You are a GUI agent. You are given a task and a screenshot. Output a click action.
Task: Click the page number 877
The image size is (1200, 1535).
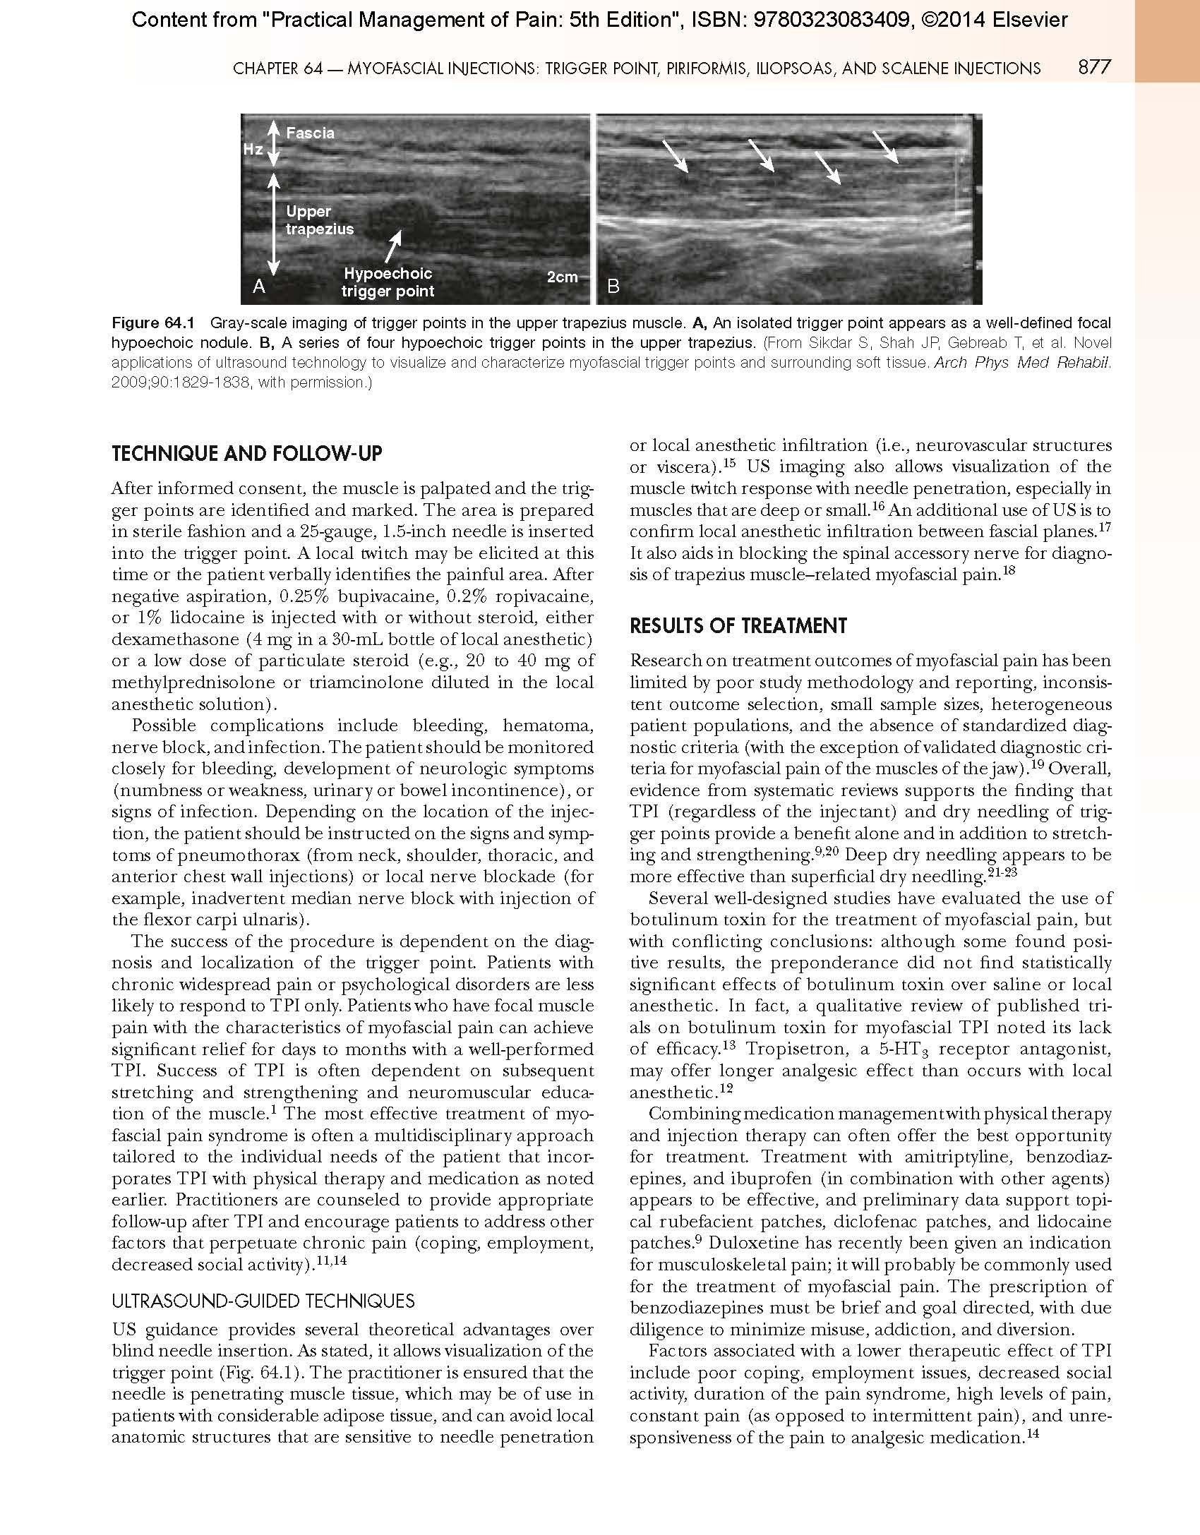1094,67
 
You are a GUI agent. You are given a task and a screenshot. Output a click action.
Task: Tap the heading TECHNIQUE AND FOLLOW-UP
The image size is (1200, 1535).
246,453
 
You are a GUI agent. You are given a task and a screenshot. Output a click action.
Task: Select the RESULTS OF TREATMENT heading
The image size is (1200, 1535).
738,625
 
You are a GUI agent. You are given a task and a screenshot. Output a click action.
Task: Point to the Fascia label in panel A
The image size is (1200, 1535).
310,133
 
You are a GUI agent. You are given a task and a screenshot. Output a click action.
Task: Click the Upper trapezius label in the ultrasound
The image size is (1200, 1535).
319,220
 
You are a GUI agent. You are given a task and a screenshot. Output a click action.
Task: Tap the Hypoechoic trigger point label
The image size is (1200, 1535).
388,282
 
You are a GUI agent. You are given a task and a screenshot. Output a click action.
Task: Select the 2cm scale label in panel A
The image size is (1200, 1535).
562,277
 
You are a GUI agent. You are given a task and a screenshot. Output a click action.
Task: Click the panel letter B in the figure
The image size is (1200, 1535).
613,286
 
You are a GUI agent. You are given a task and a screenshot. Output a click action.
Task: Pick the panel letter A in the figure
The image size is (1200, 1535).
259,286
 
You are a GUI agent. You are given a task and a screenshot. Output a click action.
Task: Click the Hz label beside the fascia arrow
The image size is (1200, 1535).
253,150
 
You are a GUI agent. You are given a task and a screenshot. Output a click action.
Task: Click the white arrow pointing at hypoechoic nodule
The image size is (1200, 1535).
393,246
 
